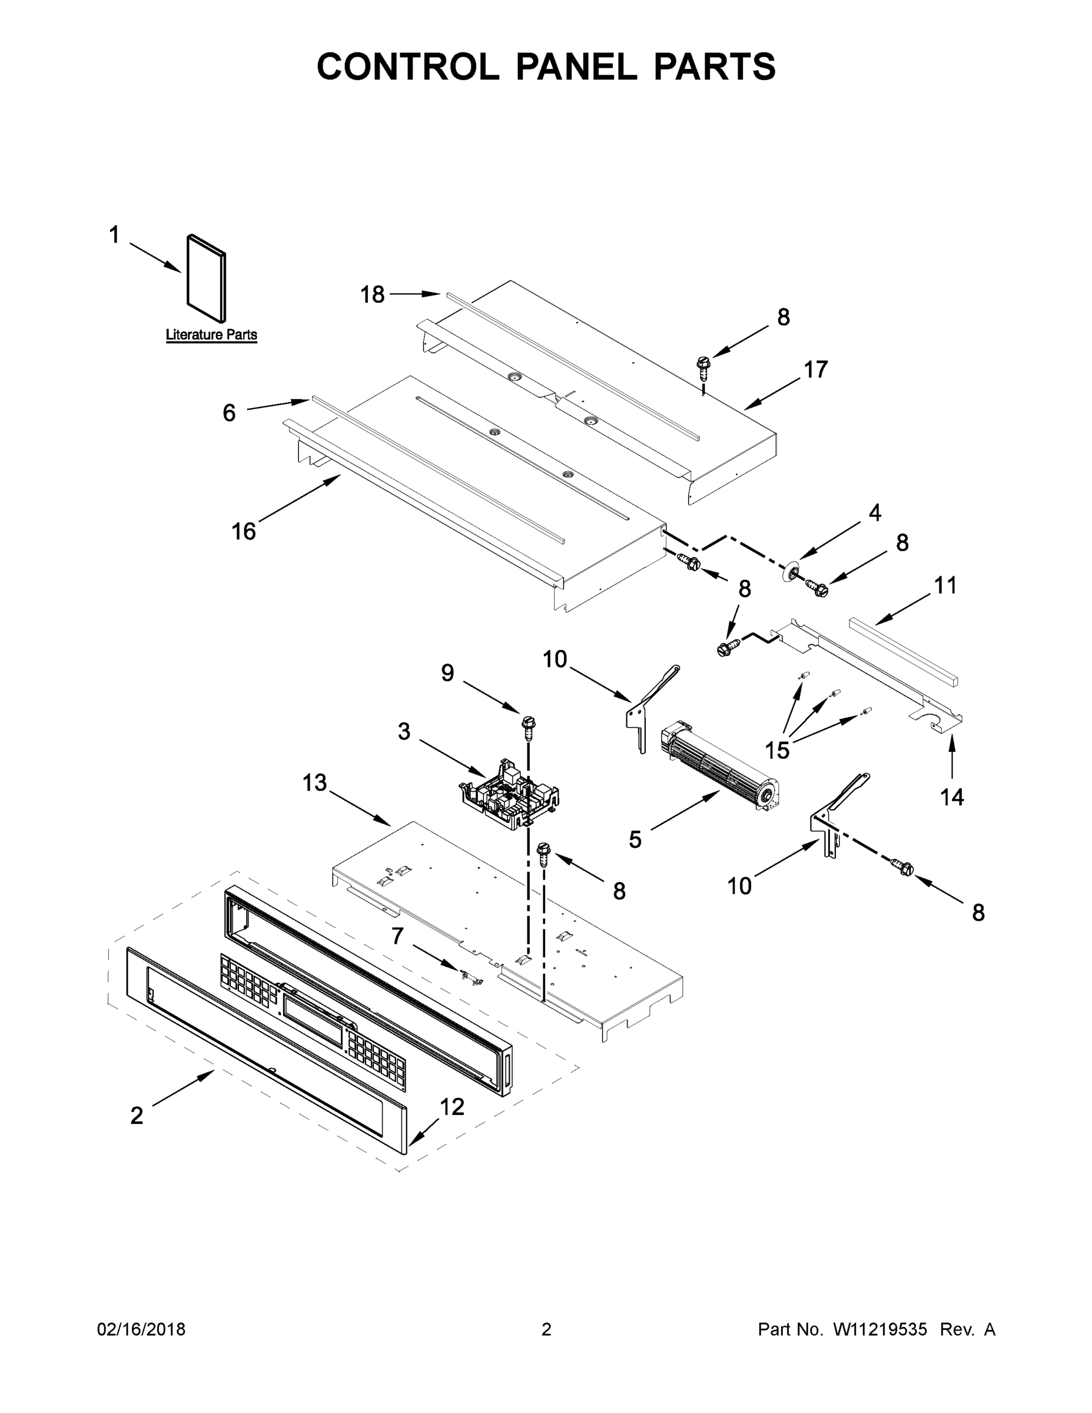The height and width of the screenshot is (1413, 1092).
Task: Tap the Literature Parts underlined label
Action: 211,334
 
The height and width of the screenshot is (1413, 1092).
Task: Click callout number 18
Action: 372,295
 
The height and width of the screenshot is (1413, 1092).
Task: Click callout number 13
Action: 315,783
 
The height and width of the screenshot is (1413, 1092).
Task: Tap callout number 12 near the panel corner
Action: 452,1107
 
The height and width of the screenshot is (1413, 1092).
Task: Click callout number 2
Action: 137,1116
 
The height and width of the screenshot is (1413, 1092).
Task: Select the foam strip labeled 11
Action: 903,651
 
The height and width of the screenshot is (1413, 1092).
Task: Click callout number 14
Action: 952,797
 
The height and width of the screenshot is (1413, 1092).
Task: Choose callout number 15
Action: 777,751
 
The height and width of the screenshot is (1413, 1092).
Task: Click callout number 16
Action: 244,531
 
